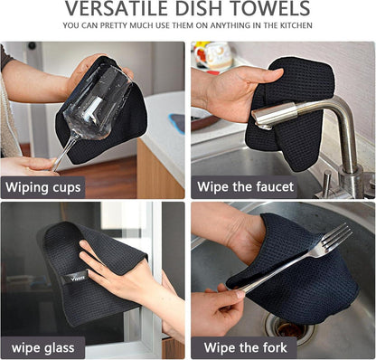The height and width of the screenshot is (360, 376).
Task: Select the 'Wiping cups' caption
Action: pos(43,187)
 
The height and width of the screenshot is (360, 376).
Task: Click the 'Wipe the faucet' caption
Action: pos(245,187)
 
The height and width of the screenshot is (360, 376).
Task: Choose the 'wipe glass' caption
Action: pos(42,348)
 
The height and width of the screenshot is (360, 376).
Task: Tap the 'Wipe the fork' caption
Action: pos(245,347)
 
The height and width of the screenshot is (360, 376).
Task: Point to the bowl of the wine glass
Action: pos(97,102)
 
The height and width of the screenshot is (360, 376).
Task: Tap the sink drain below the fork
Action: pos(288,327)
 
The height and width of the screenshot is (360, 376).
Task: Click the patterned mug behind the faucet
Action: pos(214,56)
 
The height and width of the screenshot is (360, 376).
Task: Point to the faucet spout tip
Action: pos(260,120)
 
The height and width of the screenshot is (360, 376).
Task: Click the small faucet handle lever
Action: pos(326,182)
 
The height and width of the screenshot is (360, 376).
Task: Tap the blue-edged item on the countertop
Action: pos(177,123)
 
